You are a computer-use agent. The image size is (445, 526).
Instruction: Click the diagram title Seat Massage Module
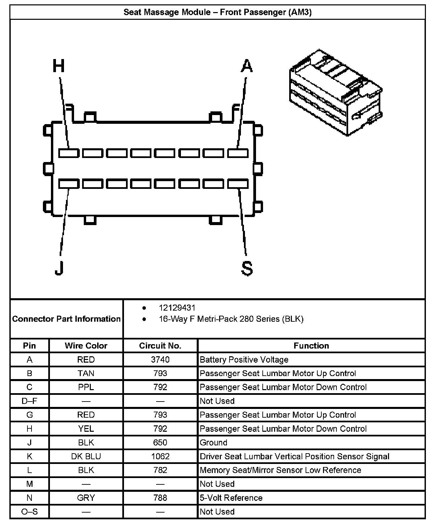tap(217, 12)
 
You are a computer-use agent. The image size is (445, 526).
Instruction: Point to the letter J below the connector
tap(59, 267)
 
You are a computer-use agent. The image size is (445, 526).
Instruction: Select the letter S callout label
tap(247, 268)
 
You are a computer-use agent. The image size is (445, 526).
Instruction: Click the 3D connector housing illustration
tap(335, 92)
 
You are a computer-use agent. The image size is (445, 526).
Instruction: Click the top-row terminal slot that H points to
tap(69, 153)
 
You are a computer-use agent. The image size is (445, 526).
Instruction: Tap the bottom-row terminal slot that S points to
tap(238, 184)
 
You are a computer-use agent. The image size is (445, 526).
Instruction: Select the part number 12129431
tap(177, 308)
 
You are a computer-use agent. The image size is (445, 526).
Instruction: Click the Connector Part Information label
tap(66, 319)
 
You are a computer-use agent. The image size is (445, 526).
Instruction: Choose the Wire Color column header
tap(86, 346)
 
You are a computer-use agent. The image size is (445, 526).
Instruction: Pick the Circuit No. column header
tap(160, 346)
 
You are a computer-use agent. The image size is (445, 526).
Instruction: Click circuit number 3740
tap(160, 360)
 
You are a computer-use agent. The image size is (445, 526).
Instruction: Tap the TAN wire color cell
tap(86, 373)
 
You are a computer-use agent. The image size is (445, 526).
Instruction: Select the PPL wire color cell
tap(86, 387)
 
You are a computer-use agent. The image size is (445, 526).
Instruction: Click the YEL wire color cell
tap(86, 429)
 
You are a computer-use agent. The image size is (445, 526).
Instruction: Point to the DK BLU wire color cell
tap(86, 456)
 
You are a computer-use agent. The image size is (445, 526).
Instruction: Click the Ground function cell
tap(213, 442)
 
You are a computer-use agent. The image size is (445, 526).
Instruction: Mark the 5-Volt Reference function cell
tap(231, 498)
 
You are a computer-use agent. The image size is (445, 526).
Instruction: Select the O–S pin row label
tap(29, 512)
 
